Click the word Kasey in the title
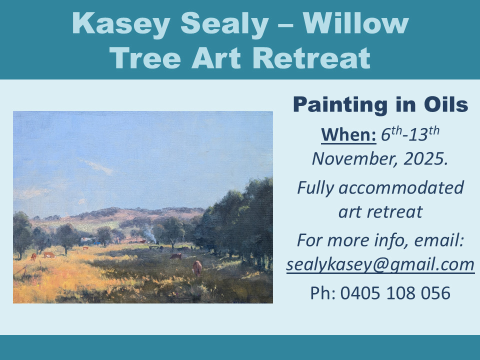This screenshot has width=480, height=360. pos(121,24)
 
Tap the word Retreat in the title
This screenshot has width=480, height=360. pos(311,58)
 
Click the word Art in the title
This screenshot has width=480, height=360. pos(216,58)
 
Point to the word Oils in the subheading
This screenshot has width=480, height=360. pos(445,104)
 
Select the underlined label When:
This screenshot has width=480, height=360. pos(348,134)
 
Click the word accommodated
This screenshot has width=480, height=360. pos(401,187)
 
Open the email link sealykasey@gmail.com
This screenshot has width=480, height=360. pos(380,264)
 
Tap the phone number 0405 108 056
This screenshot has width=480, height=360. pos(395,293)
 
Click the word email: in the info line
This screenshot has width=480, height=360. pos(439,240)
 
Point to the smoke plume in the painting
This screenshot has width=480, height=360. pos(149,234)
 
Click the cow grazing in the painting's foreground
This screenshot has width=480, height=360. pos(197,268)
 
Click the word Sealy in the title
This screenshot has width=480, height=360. pos(224,24)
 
